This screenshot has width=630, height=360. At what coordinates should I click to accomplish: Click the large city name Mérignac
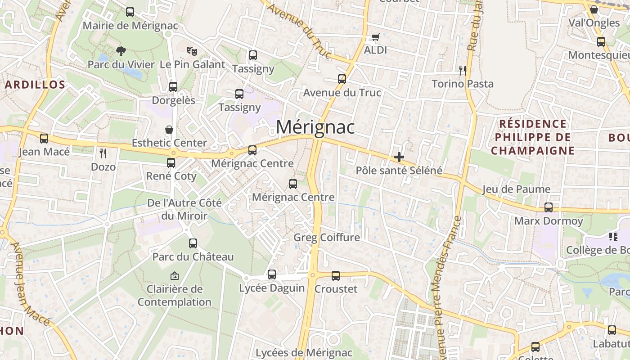pyautogui.click(x=315, y=127)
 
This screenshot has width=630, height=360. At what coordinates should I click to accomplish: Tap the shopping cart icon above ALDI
pyautogui.click(x=375, y=37)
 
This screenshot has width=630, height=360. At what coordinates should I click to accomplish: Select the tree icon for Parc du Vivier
pyautogui.click(x=121, y=51)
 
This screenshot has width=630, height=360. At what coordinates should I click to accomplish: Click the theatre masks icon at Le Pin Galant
pyautogui.click(x=192, y=51)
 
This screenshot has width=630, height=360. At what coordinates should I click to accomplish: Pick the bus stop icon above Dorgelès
pyautogui.click(x=173, y=87)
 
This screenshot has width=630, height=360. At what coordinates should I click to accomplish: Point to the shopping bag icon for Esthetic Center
pyautogui.click(x=169, y=130)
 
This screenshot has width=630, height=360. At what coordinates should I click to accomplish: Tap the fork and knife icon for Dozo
pyautogui.click(x=103, y=153)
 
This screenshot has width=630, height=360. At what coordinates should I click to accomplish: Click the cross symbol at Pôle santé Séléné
pyautogui.click(x=399, y=157)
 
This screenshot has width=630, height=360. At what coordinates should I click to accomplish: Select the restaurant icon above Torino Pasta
pyautogui.click(x=462, y=70)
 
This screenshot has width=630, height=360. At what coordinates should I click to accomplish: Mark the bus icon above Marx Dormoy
pyautogui.click(x=548, y=207)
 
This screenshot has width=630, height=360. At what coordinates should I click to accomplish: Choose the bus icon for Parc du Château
pyautogui.click(x=193, y=243)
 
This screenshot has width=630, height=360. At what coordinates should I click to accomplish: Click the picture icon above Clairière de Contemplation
pyautogui.click(x=174, y=275)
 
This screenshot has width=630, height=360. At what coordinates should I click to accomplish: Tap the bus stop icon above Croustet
pyautogui.click(x=336, y=275)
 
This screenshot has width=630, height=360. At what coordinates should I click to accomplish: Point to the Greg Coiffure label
pyautogui.click(x=327, y=237)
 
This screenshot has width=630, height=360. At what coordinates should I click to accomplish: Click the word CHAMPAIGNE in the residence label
pyautogui.click(x=533, y=150)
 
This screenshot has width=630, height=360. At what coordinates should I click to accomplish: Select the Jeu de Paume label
pyautogui.click(x=517, y=189)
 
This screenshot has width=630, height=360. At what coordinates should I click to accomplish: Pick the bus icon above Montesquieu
pyautogui.click(x=601, y=42)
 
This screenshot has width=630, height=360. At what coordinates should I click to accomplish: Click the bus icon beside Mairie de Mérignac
pyautogui.click(x=130, y=12)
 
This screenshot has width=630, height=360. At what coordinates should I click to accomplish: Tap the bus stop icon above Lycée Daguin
pyautogui.click(x=272, y=274)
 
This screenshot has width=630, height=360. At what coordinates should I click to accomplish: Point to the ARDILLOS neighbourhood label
pyautogui.click(x=35, y=85)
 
